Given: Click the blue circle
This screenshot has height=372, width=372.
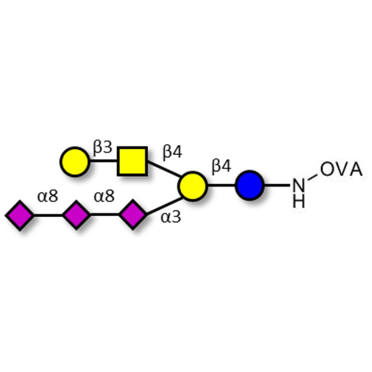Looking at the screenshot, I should click(250, 186).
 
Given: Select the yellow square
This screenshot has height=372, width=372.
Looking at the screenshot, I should click(133, 161).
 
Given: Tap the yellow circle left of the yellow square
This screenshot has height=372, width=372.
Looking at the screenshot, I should click(75, 162).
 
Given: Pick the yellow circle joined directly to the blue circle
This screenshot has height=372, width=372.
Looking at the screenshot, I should click(192, 186).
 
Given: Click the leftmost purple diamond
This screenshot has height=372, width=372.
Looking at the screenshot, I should click(20, 215).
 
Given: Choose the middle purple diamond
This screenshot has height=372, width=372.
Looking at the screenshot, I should click(76, 215).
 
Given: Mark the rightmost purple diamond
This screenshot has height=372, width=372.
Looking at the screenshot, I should click(133, 215).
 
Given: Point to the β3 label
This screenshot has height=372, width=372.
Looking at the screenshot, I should click(102, 148).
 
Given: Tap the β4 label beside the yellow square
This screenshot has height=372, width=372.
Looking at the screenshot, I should click(172, 152).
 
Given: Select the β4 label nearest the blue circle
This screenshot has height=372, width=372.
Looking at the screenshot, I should click(221, 166).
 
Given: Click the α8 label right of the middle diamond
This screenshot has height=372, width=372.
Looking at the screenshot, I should click(104, 197).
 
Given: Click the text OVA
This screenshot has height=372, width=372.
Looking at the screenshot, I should click(341, 170).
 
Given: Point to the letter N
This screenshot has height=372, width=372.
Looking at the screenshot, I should click(299, 186).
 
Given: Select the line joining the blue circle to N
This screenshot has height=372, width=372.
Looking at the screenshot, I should click(278, 186).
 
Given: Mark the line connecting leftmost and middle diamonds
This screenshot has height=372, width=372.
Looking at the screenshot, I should click(48, 215).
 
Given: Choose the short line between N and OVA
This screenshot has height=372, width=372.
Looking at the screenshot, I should click(312, 176).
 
